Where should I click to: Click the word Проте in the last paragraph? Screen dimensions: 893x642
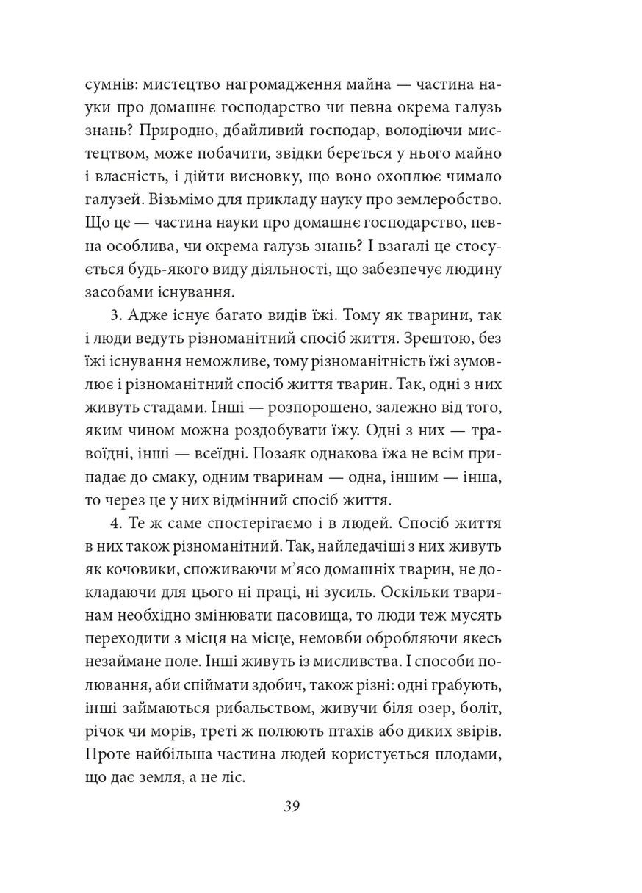[x=108, y=759]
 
